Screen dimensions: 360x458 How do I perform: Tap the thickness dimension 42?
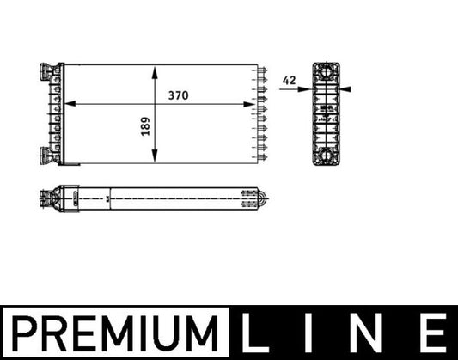pyautogui.click(x=289, y=80)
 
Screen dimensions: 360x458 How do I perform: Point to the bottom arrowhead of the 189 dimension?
pyautogui.click(x=154, y=160)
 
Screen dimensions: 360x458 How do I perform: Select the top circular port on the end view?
pyautogui.click(x=327, y=72)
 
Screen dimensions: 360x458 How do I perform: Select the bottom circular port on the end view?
pyautogui.click(x=327, y=157)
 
